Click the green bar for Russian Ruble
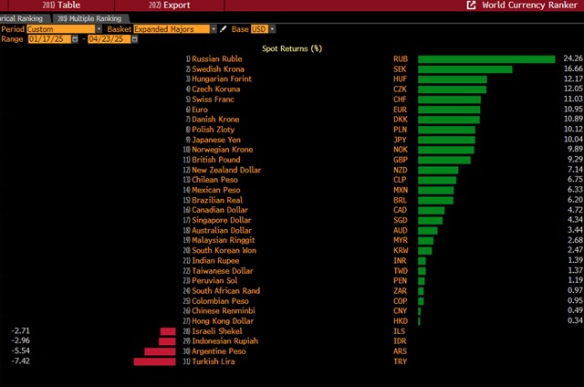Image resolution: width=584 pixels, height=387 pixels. coord(485,59)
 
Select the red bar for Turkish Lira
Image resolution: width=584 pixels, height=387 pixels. coord(154,361)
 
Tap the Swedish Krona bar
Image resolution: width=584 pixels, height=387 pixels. coord(464,69)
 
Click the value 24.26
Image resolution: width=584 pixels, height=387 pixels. coord(571,59)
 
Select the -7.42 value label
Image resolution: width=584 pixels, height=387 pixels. coord(21,361)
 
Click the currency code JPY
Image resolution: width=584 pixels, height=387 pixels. coord(400,140)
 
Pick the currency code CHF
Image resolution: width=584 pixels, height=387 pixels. coord(400,99)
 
